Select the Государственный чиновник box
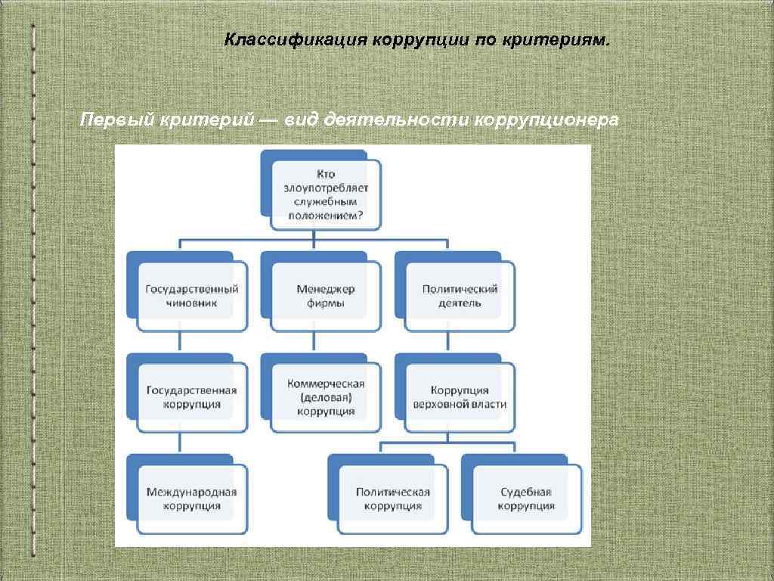pyautogui.click(x=192, y=296)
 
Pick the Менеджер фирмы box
pyautogui.click(x=326, y=296)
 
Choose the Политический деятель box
pyautogui.click(x=460, y=296)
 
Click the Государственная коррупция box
pyautogui.click(x=192, y=397)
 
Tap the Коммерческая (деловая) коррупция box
pyautogui.click(x=326, y=397)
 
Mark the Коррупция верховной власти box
pyautogui.click(x=460, y=397)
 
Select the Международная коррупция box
pyautogui.click(x=192, y=499)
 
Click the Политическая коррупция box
pyautogui.click(x=393, y=499)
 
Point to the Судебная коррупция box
pyautogui.click(x=527, y=499)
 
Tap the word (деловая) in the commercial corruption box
pyautogui.click(x=326, y=397)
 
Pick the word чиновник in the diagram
pyautogui.click(x=192, y=303)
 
